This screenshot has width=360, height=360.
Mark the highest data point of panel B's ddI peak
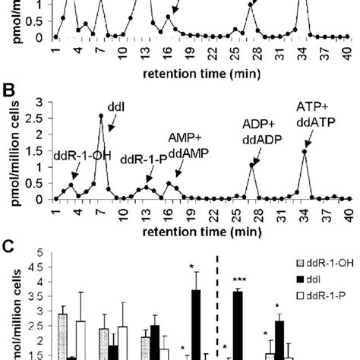[x=101, y=116]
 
